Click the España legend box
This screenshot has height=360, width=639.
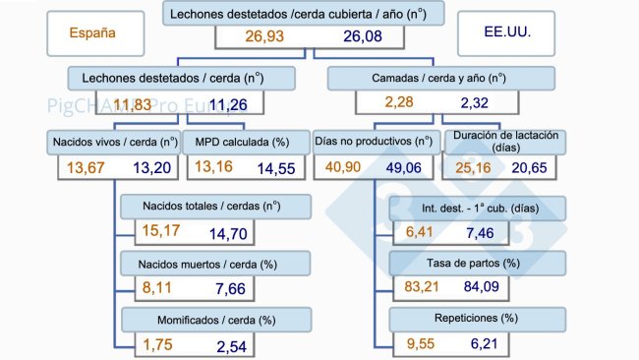(93, 31)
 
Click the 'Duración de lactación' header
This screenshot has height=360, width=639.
(505, 142)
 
